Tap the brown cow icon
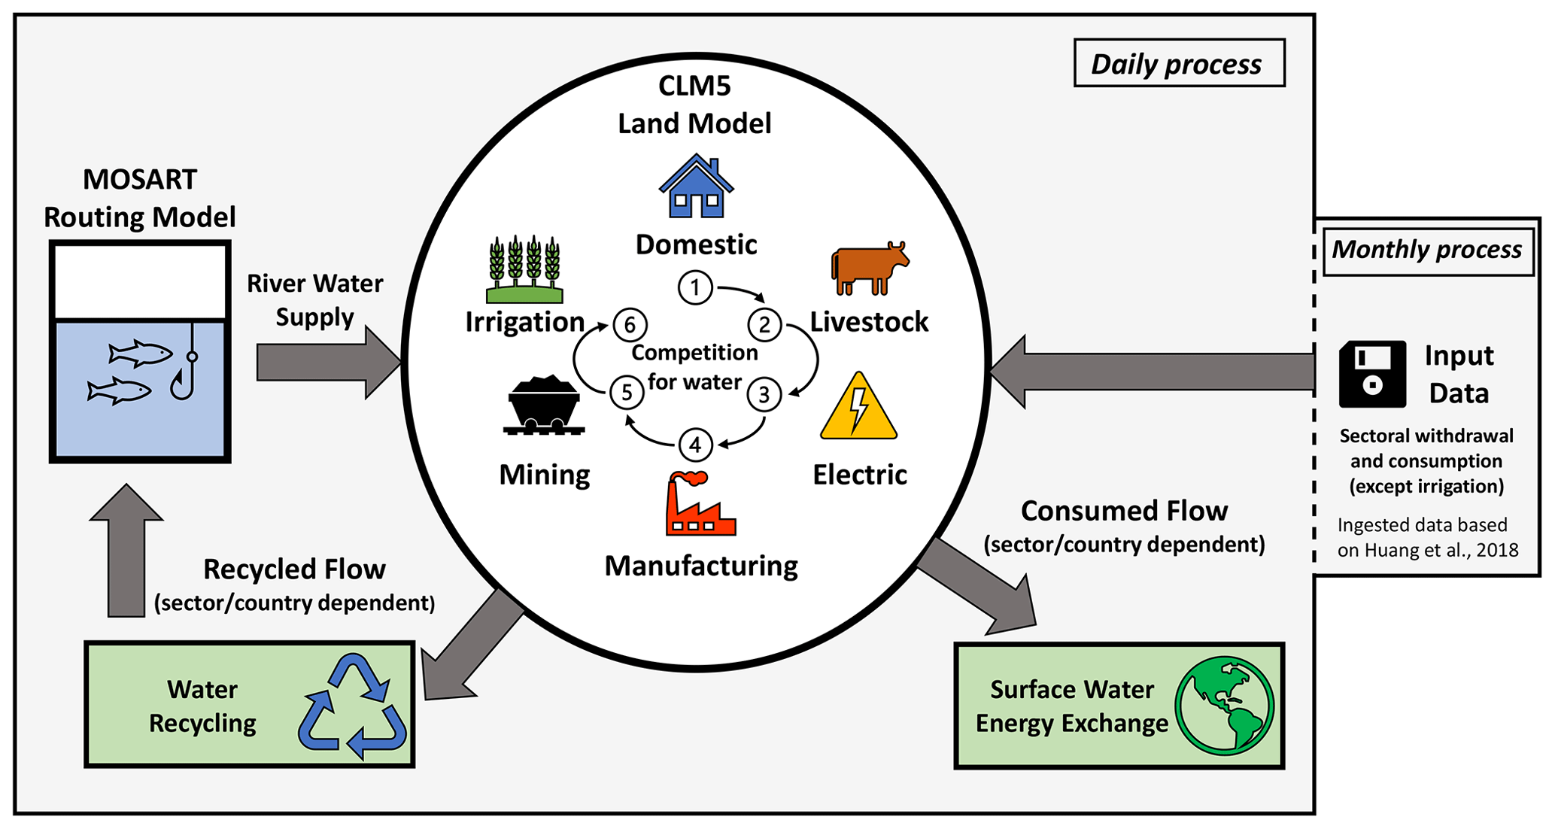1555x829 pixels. click(869, 268)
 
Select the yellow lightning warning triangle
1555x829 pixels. click(858, 408)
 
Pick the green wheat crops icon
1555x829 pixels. click(524, 269)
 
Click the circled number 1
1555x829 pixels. click(695, 287)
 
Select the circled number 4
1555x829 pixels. click(695, 445)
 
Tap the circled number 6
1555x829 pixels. click(630, 325)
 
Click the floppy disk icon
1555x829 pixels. click(1372, 374)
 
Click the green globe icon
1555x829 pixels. click(1224, 706)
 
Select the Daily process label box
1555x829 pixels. click(1178, 64)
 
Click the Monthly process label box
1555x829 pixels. click(1427, 251)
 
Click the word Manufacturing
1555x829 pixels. click(701, 566)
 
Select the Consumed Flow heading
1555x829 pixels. click(1124, 512)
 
